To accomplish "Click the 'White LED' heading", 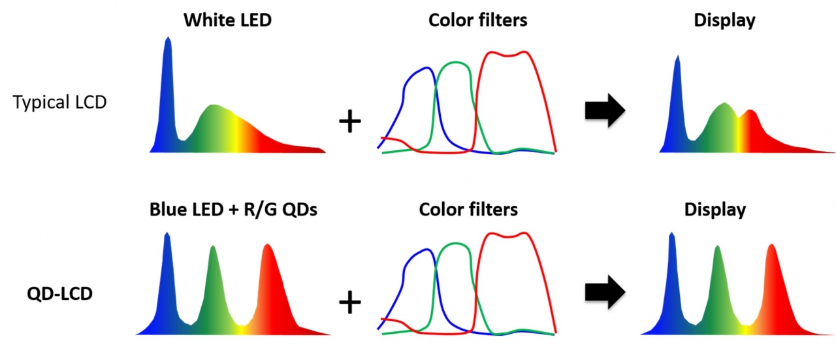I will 227,20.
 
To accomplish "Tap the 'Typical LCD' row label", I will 60,102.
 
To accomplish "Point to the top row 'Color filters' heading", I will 478,20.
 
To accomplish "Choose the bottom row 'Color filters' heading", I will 468,210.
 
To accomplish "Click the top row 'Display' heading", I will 724,20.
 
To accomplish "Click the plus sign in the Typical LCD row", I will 350,122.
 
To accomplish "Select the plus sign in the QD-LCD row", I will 350,302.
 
